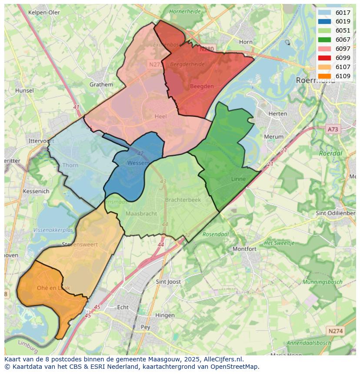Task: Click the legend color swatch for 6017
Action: tap(324, 13)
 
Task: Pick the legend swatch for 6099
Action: tap(324, 58)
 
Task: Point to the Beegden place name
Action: tap(202, 86)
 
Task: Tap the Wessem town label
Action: tap(138, 163)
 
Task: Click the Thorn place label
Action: tap(70, 165)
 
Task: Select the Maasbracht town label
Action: tap(141, 214)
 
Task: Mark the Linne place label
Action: tap(238, 179)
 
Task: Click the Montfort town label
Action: tap(244, 249)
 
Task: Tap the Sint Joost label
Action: tap(168, 282)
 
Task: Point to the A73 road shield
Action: tap(333, 129)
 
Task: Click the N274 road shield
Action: tap(335, 331)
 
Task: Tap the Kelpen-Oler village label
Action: tap(44, 13)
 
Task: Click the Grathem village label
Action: tap(101, 85)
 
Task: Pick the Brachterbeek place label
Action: tap(183, 200)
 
